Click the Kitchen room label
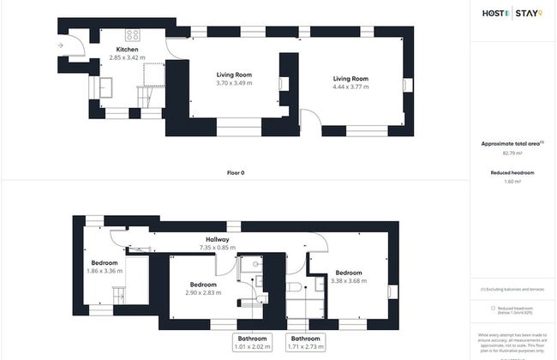click(127, 50)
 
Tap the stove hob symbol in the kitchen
click(133, 35)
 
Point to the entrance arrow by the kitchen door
click(60, 45)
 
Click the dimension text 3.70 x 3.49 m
click(234, 83)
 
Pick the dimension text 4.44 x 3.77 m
click(350, 87)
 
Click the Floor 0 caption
click(236, 172)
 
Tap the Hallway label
click(216, 239)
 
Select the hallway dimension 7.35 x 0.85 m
click(216, 248)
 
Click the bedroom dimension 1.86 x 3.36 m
click(105, 271)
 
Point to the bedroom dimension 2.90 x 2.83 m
click(202, 292)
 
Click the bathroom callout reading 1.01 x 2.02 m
click(253, 347)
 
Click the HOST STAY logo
click(512, 13)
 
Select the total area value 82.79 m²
click(512, 153)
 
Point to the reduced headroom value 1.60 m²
click(512, 181)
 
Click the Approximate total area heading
click(511, 143)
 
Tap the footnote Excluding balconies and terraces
click(514, 290)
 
